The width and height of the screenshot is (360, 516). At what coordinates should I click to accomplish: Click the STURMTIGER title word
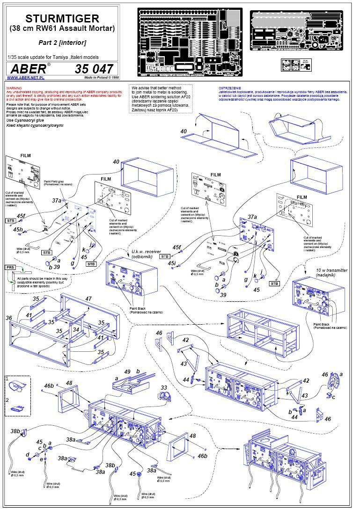62,19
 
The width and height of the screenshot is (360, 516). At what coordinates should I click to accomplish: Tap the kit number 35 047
94,69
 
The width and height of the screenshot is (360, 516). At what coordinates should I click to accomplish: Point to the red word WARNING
14,88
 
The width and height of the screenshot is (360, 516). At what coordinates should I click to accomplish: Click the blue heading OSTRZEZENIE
228,88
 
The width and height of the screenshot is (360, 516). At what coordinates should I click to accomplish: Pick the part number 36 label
8,318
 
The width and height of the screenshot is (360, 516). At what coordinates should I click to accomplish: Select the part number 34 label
75,329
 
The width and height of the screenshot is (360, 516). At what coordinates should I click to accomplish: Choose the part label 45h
18,230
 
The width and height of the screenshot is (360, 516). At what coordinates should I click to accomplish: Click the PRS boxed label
10,267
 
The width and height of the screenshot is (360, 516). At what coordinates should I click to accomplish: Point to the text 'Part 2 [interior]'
62,42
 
